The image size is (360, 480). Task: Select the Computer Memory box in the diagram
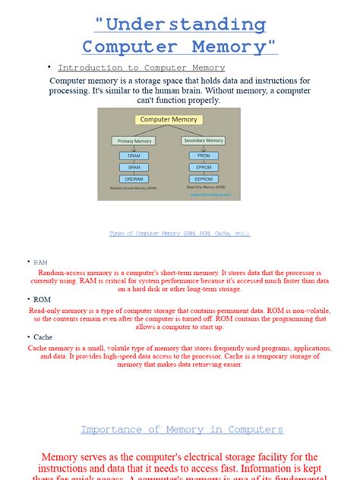169,120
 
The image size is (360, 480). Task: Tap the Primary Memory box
133,141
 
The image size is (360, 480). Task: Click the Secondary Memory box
204,141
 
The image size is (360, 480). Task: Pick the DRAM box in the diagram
133,156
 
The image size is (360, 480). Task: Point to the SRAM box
133,167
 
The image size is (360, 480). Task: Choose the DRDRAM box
133,178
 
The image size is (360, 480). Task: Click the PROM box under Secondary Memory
203,156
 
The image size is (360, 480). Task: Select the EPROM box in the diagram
203,167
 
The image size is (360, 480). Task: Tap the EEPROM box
203,178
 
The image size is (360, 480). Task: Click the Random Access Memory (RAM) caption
134,188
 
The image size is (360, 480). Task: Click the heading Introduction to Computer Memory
141,68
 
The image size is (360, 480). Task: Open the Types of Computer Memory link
179,233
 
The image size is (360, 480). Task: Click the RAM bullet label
40,262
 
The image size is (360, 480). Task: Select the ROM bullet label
41,299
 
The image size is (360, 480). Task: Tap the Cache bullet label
43,336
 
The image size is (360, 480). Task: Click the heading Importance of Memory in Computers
182,430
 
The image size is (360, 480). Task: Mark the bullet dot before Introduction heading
49,66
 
